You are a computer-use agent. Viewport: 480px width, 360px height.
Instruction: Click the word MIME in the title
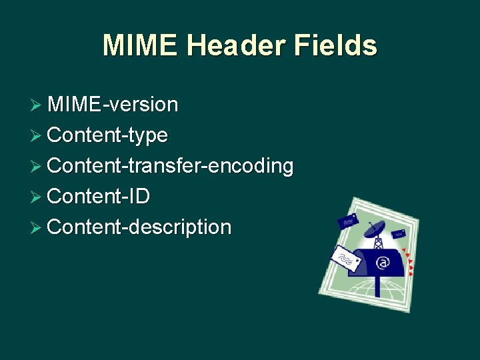(x=140, y=45)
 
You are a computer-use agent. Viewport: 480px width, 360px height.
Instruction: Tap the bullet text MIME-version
(x=113, y=105)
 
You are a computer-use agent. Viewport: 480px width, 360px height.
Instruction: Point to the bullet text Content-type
(x=108, y=135)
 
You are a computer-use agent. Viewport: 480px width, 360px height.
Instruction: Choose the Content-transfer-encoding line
(x=171, y=166)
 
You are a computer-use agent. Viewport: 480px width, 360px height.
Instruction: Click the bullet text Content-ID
(x=99, y=196)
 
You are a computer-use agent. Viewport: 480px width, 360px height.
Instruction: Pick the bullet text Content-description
(x=140, y=227)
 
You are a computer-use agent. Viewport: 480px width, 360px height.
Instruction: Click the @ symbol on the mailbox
(x=382, y=263)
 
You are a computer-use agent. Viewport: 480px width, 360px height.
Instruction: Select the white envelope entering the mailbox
(x=347, y=258)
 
